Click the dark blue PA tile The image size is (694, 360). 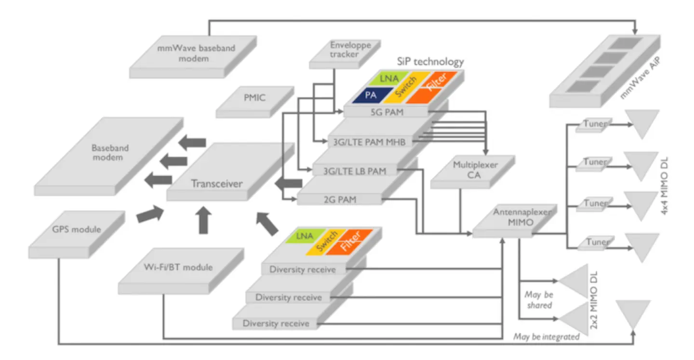(x=371, y=95)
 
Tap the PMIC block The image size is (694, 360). (x=254, y=98)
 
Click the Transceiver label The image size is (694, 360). (x=216, y=183)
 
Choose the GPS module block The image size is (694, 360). (x=77, y=229)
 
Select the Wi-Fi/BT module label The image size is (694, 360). (x=179, y=267)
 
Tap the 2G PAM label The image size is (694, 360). (x=340, y=199)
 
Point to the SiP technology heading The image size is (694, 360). (x=430, y=61)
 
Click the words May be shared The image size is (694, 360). (x=539, y=300)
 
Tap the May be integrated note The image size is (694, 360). (x=546, y=337)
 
